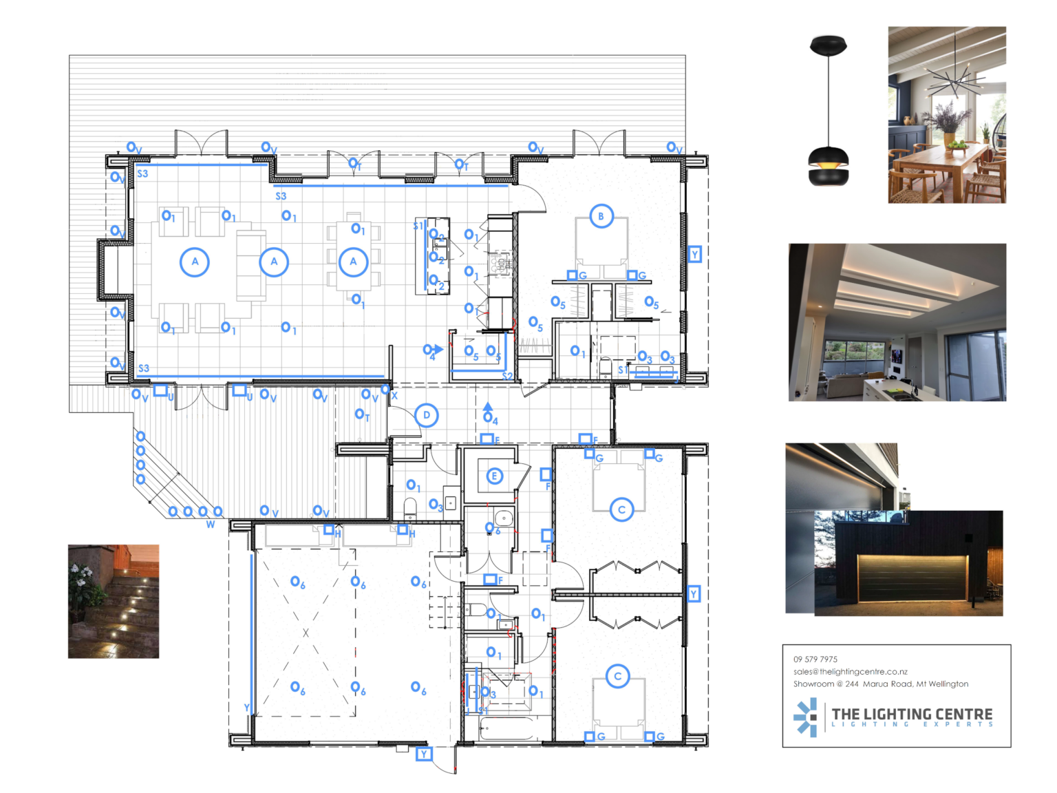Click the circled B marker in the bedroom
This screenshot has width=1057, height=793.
click(601, 216)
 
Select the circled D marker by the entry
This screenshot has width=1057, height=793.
click(427, 415)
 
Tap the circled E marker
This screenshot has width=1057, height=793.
click(494, 476)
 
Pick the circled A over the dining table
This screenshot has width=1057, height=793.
click(353, 262)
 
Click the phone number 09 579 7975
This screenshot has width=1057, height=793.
click(815, 659)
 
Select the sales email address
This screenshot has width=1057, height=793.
click(850, 671)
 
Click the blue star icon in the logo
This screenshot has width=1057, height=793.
click(806, 717)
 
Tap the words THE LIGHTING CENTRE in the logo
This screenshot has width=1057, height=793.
click(912, 714)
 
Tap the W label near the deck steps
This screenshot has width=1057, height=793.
click(211, 525)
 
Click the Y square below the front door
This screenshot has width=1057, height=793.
click(424, 754)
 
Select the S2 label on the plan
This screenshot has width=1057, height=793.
click(507, 376)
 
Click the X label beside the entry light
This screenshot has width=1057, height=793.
click(394, 396)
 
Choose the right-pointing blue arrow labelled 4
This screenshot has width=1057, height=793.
click(438, 350)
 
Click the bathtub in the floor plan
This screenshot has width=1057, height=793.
click(506, 728)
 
